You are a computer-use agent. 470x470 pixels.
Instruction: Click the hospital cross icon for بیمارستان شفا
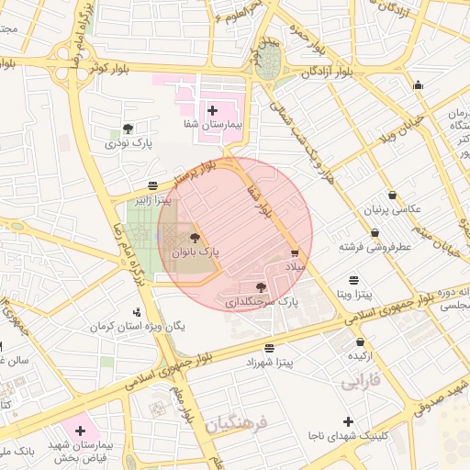(213, 110)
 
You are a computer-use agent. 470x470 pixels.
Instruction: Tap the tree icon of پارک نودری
(128, 129)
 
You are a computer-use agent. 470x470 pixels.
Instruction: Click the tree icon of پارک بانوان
(194, 238)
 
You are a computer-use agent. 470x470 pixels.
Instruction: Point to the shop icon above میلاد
(294, 252)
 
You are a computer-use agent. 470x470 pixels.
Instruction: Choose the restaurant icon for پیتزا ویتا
(354, 280)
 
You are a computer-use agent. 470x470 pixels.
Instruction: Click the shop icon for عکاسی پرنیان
(394, 196)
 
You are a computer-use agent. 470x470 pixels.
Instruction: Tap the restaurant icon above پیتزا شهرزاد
(268, 349)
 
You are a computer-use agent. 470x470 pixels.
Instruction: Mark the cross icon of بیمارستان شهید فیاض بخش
(81, 430)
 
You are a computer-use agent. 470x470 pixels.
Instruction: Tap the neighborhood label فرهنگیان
(234, 424)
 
